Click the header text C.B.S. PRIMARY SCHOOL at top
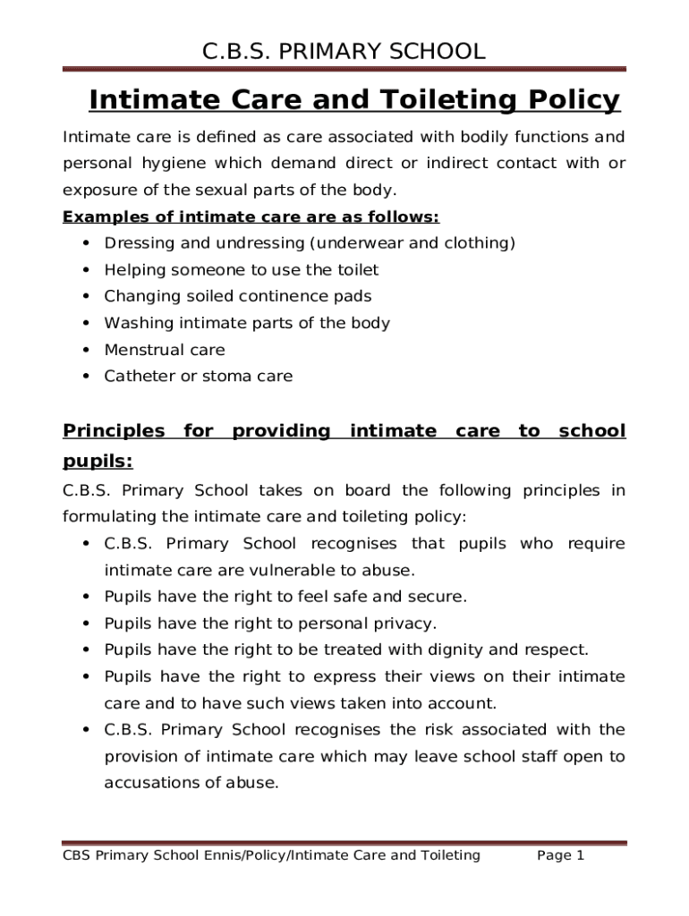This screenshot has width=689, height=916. pyautogui.click(x=344, y=51)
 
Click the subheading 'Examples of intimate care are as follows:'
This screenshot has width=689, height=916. pyautogui.click(x=251, y=217)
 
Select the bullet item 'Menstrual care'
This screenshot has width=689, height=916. pyautogui.click(x=165, y=350)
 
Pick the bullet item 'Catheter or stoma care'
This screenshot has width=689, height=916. pyautogui.click(x=198, y=377)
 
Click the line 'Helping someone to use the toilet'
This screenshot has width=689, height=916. pyautogui.click(x=242, y=270)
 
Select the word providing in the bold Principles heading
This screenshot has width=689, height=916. pyautogui.click(x=281, y=431)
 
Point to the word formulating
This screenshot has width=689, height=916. pyautogui.click(x=106, y=517)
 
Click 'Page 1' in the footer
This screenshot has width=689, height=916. pyautogui.click(x=560, y=856)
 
